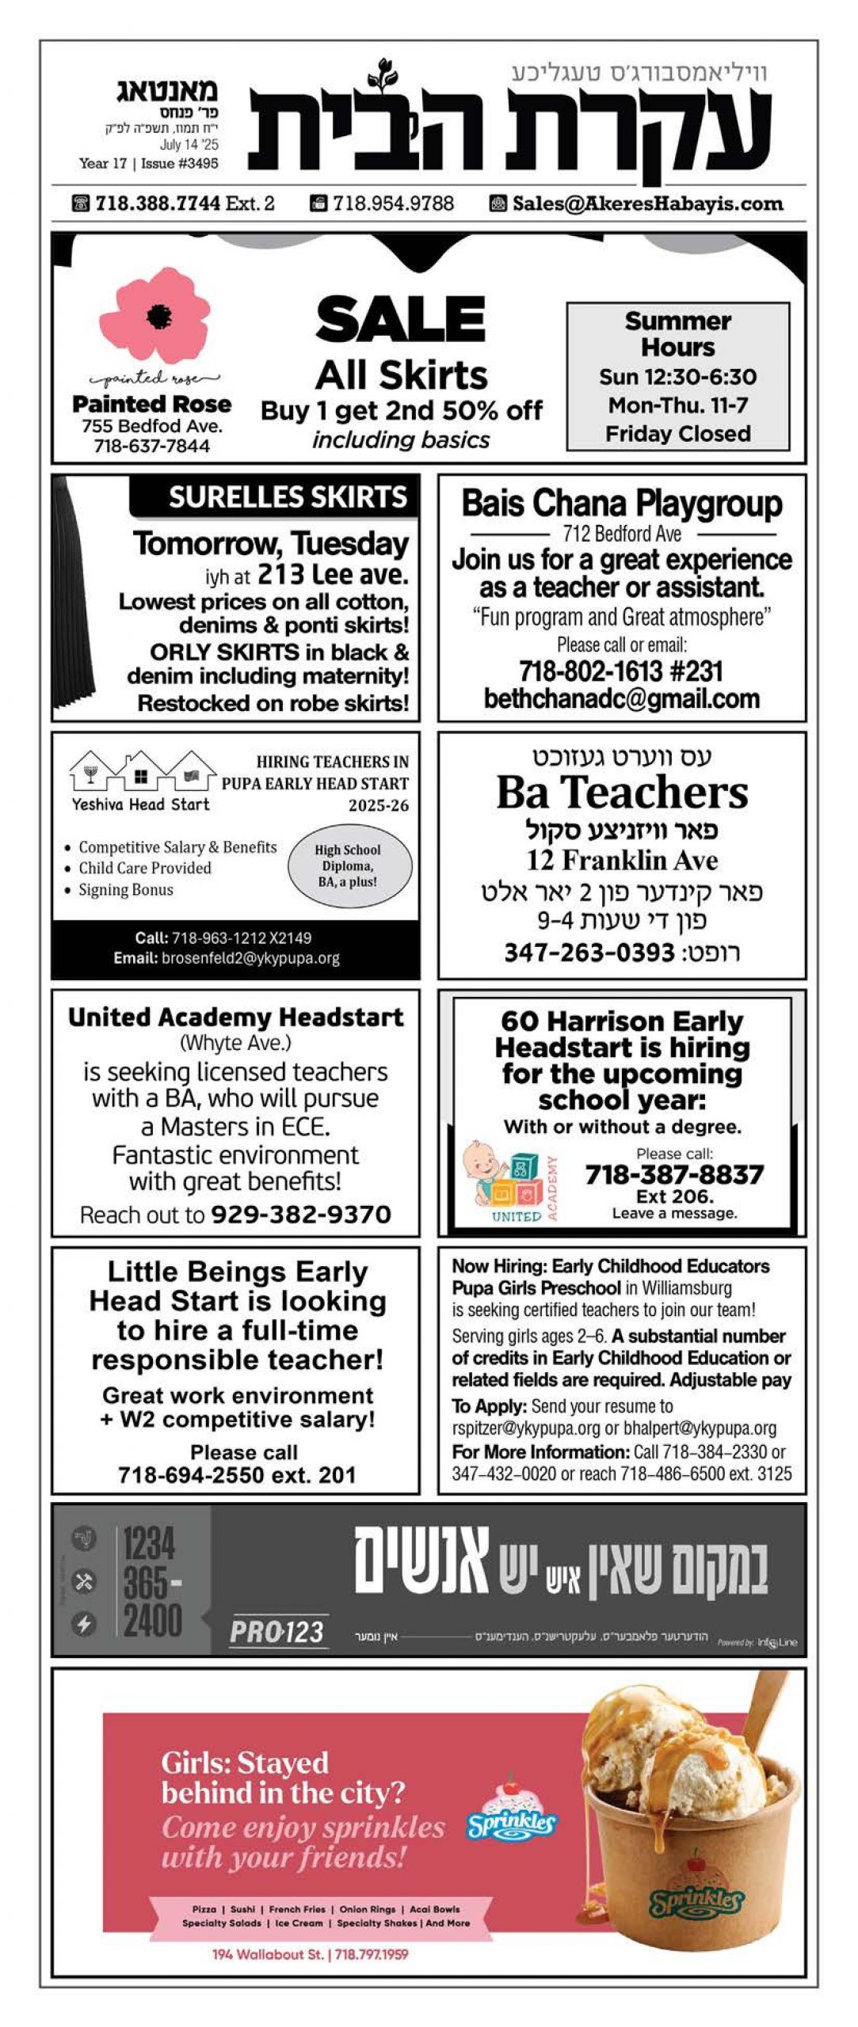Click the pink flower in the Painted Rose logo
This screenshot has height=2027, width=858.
click(155, 315)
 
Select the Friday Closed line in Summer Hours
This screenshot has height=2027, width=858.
click(677, 434)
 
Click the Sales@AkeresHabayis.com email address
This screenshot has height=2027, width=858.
click(647, 203)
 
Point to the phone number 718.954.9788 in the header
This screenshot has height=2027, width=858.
click(393, 203)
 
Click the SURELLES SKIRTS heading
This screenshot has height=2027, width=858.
click(288, 497)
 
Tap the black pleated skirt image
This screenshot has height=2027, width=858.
click(75, 602)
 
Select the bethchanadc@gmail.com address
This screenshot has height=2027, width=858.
click(621, 698)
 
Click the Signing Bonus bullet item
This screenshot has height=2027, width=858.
click(125, 889)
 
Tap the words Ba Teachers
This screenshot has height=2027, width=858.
click(622, 792)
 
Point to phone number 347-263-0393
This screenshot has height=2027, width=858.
click(589, 952)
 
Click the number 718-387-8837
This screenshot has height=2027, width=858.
click(674, 1174)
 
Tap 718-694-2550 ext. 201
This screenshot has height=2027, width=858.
click(236, 1475)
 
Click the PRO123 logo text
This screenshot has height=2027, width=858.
click(276, 1631)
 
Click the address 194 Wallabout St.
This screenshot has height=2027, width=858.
click(268, 1955)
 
